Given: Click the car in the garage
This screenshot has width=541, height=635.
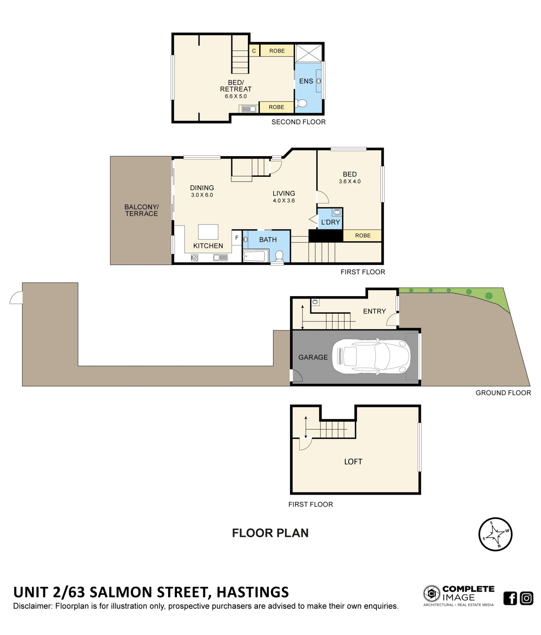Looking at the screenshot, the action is point(371,356).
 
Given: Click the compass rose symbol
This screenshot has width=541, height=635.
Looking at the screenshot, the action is point(495,534).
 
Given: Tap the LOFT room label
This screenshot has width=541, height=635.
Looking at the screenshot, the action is point(353,462).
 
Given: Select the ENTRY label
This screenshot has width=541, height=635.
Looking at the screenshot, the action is point(374,311).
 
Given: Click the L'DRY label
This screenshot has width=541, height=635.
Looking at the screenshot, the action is point(330,222).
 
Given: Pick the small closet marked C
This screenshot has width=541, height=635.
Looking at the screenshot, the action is point(254,50).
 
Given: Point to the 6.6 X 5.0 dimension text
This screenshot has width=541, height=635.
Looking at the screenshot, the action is point(236,96).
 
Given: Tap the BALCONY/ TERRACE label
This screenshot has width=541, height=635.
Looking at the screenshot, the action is point(141,210).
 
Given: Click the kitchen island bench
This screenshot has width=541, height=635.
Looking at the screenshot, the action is point(208,232).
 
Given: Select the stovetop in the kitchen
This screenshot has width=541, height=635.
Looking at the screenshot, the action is point(194,258).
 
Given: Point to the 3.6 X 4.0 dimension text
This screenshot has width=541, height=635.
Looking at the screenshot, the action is point(350,181).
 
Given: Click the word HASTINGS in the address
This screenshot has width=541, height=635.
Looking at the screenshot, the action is point(252,592).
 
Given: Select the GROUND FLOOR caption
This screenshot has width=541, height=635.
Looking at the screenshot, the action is point(503,393).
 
